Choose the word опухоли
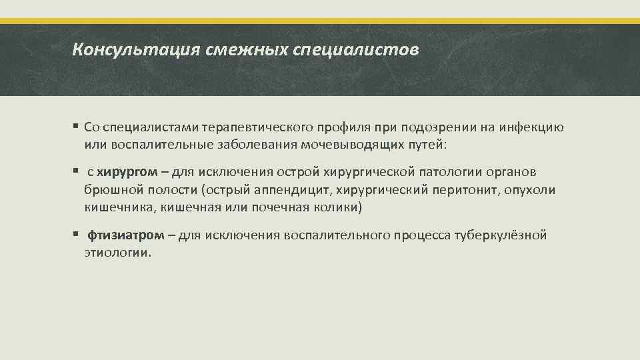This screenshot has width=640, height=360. (x=530, y=191)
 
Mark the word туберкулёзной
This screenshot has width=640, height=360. (x=501, y=235)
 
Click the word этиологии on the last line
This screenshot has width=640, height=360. (x=117, y=253)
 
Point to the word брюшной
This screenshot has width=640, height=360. (x=109, y=191)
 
